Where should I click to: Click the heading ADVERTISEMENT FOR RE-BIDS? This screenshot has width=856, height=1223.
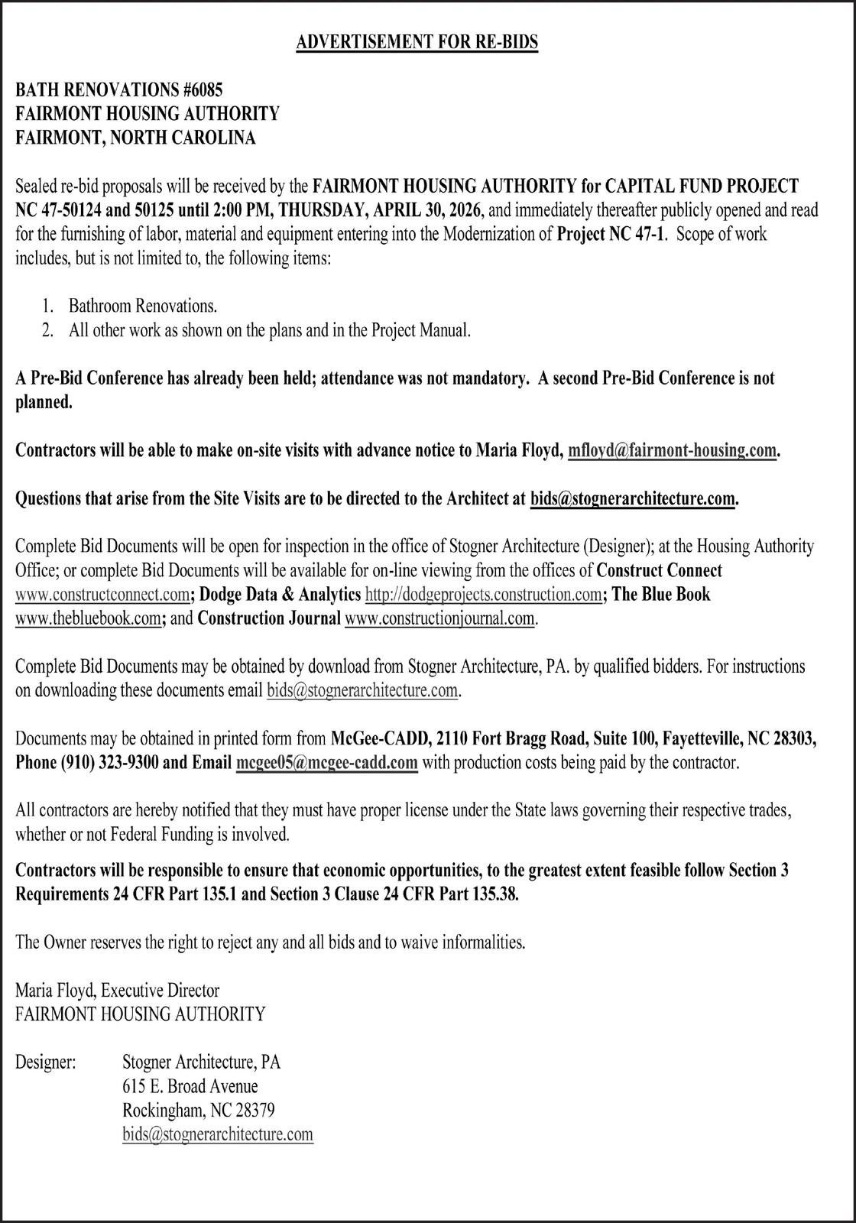(417, 42)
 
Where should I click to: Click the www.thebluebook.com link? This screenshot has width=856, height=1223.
(87, 618)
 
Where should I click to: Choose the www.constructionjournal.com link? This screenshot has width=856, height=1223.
(440, 618)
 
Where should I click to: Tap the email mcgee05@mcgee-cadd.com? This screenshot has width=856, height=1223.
(327, 763)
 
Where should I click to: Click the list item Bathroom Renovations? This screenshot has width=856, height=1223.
(143, 307)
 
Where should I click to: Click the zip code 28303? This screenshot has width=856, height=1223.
(795, 739)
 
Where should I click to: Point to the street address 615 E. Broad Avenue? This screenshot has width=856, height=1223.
(190, 1086)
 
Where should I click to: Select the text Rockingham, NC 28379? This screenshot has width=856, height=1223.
(198, 1110)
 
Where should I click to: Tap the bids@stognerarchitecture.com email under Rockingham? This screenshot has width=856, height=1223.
(218, 1134)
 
